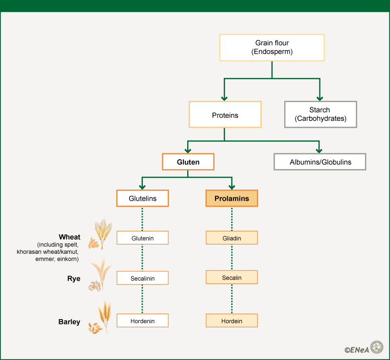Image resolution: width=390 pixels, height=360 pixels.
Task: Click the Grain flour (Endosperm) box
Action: tap(272, 47)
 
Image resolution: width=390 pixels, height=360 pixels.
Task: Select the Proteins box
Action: tap(225, 114)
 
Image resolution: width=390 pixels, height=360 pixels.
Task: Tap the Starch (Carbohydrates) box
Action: tap(320, 114)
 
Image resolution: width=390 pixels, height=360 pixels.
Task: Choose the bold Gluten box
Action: tap(188, 162)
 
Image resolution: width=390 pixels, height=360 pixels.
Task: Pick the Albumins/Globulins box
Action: tap(320, 162)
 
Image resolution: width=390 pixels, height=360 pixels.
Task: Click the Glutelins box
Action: tap(142, 198)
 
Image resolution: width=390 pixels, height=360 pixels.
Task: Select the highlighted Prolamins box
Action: tap(232, 198)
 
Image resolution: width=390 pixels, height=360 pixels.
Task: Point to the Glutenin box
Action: tap(142, 238)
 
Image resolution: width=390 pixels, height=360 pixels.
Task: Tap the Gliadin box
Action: tap(232, 238)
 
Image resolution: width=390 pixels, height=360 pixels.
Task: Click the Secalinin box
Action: tap(142, 278)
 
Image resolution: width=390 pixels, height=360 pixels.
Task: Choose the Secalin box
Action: tap(232, 278)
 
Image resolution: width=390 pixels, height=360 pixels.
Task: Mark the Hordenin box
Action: tap(142, 321)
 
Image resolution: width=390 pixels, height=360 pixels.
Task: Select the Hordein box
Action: tap(232, 321)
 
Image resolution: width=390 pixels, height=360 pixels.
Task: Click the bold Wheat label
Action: tap(70, 237)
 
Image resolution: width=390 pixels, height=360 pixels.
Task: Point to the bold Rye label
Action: tap(74, 279)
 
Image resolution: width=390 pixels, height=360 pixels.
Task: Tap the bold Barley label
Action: tap(69, 322)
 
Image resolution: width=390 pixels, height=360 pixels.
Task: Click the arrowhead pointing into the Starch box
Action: tap(320, 96)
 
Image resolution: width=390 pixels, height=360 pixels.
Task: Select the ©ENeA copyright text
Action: tap(356, 349)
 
